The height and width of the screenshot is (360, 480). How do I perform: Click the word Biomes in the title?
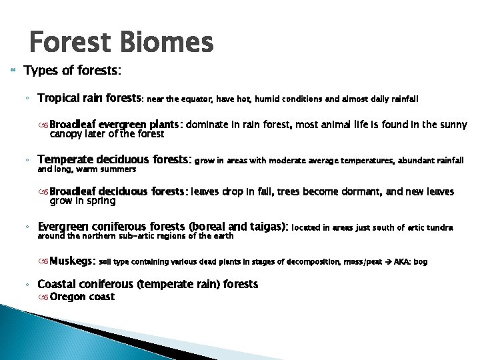pyautogui.click(x=168, y=43)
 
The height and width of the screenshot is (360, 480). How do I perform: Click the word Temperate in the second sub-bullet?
pyautogui.click(x=65, y=160)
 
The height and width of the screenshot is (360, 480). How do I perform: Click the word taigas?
pyautogui.click(x=267, y=227)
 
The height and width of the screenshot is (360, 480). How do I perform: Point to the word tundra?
pyautogui.click(x=439, y=228)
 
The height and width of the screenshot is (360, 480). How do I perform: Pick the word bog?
pyautogui.click(x=421, y=263)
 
